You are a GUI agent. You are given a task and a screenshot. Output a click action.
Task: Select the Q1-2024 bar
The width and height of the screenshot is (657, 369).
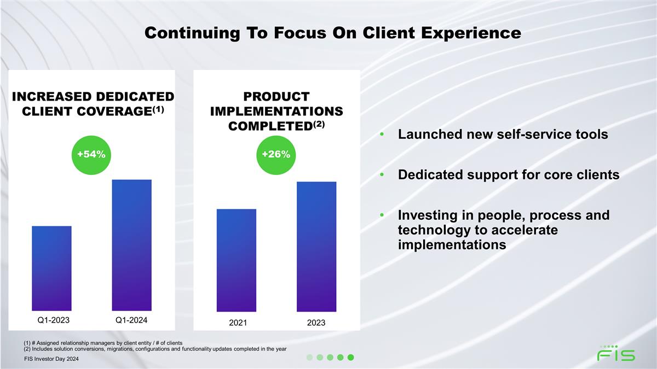pyautogui.click(x=131, y=245)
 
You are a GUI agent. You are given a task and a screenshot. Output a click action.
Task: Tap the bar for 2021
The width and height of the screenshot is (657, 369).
pyautogui.click(x=236, y=260)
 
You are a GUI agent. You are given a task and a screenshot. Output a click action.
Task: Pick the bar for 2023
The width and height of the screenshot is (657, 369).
pyautogui.click(x=316, y=247)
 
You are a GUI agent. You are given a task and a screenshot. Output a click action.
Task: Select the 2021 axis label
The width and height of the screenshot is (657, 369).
pyautogui.click(x=237, y=323)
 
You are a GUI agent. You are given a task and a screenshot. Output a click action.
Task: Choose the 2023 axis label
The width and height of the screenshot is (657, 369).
pyautogui.click(x=316, y=323)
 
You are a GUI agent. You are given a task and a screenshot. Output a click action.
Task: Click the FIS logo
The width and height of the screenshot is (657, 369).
pyautogui.click(x=616, y=354)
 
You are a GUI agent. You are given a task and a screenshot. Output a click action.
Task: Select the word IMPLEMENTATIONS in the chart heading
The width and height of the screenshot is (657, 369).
pyautogui.click(x=276, y=111)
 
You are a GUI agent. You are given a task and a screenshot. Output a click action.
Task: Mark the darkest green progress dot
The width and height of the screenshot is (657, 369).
pyautogui.click(x=351, y=358)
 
